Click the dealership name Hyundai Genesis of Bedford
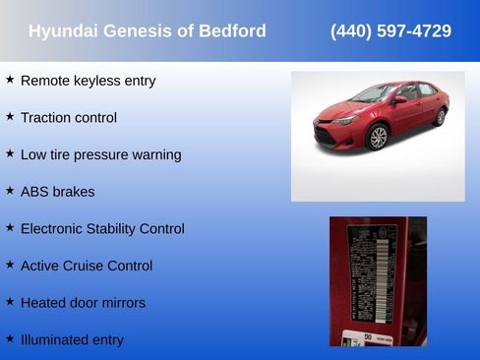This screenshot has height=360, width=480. [147, 31]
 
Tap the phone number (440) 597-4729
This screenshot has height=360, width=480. [390, 31]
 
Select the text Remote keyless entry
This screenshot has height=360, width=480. [88, 81]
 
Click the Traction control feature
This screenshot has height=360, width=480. [68, 118]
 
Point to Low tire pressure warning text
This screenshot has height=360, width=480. [100, 154]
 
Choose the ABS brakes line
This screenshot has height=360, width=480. [57, 192]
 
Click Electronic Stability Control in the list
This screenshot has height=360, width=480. [102, 229]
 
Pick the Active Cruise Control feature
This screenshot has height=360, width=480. [87, 266]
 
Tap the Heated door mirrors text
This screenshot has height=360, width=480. [83, 303]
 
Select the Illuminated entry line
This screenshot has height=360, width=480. [72, 340]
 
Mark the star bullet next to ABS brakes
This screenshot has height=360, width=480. [10, 191]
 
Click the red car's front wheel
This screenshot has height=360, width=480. [379, 137]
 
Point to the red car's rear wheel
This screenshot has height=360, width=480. [439, 117]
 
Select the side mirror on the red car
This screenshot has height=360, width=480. [399, 100]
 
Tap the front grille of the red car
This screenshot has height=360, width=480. [328, 132]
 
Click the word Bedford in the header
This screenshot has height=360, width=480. [233, 31]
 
